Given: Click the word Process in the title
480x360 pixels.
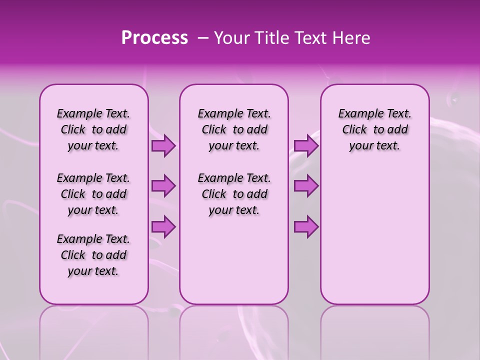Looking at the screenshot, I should click(x=154, y=38).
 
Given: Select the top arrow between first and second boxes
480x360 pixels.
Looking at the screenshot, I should click(x=163, y=146).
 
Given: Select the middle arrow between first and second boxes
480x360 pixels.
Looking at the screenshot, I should click(x=163, y=186).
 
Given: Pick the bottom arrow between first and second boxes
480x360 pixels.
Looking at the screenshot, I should click(x=163, y=227).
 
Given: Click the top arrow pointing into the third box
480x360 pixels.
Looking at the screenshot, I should click(x=306, y=146).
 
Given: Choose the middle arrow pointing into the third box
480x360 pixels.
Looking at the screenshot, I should click(x=306, y=186).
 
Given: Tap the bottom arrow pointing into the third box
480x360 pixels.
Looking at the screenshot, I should click(x=306, y=227).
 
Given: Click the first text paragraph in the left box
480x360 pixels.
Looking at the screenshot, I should click(x=93, y=129).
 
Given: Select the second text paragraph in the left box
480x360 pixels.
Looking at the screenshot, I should click(x=93, y=194).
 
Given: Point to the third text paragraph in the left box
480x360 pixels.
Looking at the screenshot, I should click(x=93, y=255).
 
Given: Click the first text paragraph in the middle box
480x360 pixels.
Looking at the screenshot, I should click(x=234, y=129).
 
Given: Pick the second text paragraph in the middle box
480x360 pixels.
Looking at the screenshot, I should click(x=234, y=194).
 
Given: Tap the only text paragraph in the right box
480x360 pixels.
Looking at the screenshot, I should click(x=374, y=129).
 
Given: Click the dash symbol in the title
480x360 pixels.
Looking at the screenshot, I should click(x=203, y=38).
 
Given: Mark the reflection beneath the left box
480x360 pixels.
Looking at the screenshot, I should click(x=94, y=330).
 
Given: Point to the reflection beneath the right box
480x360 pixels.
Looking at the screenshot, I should click(x=374, y=330).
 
